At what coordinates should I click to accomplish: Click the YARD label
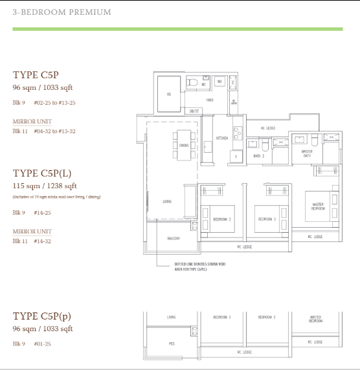[209, 100]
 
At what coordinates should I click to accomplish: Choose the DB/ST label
[193, 112]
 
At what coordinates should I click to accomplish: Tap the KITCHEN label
[221, 138]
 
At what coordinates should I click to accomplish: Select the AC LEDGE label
[267, 128]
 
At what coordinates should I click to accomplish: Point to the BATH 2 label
[257, 156]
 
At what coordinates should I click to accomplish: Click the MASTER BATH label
[307, 155]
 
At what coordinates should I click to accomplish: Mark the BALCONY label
[173, 239]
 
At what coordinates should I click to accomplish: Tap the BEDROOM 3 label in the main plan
[221, 219]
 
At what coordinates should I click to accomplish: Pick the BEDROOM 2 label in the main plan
[267, 219]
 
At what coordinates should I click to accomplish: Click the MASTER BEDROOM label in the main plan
[317, 207]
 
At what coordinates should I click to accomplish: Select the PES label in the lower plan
[172, 343]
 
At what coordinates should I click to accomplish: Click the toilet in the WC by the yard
[193, 82]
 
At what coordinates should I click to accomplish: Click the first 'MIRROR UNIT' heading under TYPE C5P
[32, 122]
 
